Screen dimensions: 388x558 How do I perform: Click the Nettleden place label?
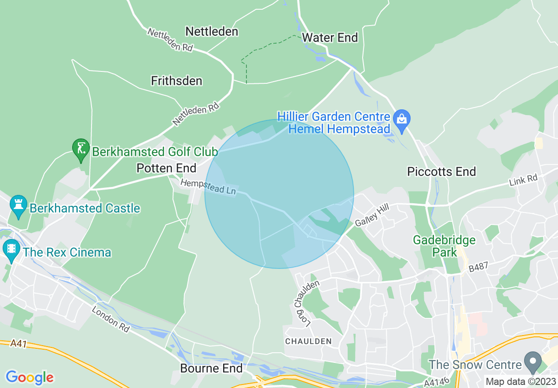pos(212,31)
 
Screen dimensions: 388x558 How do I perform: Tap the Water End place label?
pos(330,37)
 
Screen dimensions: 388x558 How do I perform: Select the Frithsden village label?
pos(176,81)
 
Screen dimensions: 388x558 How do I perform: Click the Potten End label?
pos(166,168)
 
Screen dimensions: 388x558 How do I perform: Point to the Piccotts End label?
pos(441,172)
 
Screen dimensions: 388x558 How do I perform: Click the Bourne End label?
pos(212,368)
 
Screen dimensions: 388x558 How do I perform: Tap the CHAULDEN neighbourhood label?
pos(308,341)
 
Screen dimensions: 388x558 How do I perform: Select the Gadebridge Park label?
pos(444,246)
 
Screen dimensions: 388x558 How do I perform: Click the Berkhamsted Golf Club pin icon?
pos(81,149)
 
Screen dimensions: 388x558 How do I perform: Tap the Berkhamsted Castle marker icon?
pos(18,205)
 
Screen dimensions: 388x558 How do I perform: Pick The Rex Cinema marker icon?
pos(11,250)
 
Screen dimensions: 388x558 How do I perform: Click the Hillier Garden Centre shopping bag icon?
pos(402,119)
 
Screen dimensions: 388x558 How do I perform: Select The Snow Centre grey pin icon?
pos(533,361)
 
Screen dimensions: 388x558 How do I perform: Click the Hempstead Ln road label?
pos(208,187)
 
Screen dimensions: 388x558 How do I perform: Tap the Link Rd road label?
pos(523,180)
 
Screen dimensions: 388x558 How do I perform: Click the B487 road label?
pos(478,268)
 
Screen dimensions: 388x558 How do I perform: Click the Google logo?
pos(29,377)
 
